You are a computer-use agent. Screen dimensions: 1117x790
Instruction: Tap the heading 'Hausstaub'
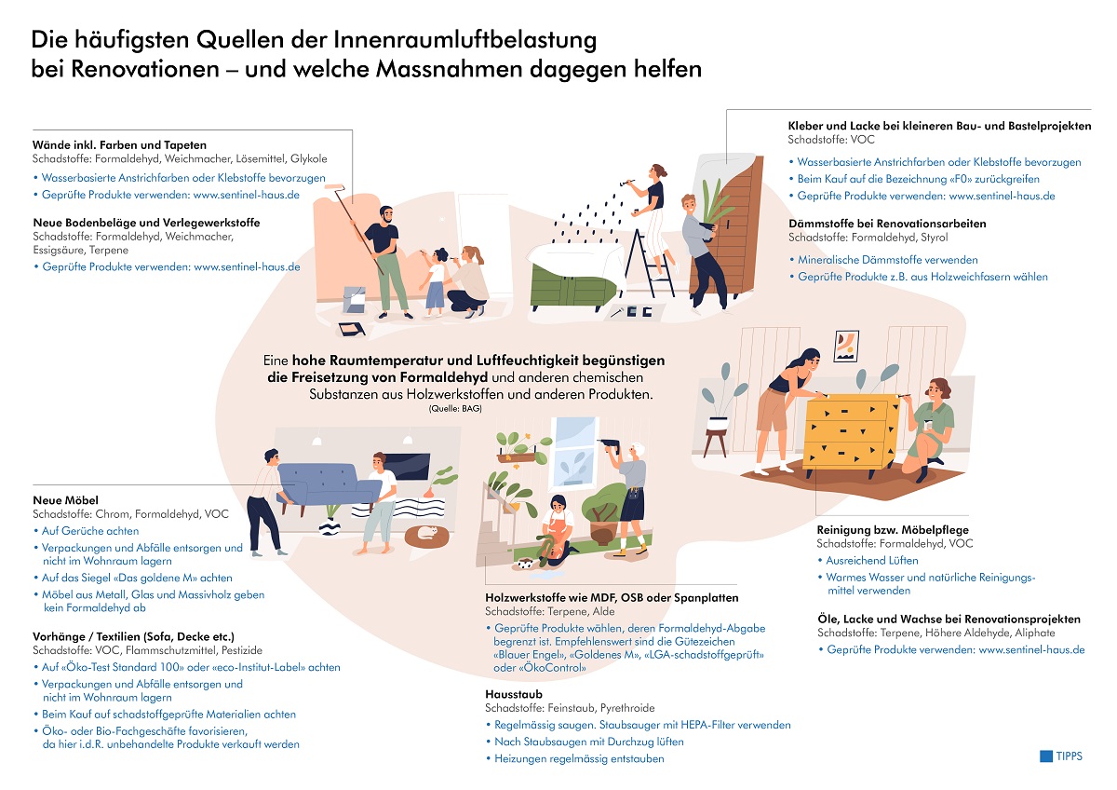(x=514, y=694)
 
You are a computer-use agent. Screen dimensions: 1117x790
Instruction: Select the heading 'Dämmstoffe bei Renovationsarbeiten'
(x=887, y=223)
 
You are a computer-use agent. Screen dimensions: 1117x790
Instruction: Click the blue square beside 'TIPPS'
(x=1045, y=756)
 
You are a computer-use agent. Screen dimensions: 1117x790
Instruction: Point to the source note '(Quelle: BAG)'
(x=455, y=409)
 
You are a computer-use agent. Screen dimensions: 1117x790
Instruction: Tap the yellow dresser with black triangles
(x=850, y=430)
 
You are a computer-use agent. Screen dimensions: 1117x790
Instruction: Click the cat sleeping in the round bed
(x=427, y=533)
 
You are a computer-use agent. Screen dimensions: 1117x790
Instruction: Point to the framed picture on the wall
(x=846, y=347)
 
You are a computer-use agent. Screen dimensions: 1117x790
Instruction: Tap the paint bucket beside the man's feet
(x=354, y=299)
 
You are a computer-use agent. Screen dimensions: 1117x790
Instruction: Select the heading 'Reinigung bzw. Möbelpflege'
(x=893, y=530)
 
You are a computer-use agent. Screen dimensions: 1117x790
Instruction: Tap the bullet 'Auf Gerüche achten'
(x=87, y=531)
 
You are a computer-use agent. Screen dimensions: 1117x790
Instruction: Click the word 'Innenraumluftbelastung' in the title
(x=464, y=40)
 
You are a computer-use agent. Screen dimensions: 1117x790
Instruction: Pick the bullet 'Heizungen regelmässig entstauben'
(x=575, y=758)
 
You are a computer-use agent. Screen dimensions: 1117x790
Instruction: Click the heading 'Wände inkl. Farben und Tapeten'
(x=119, y=144)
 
